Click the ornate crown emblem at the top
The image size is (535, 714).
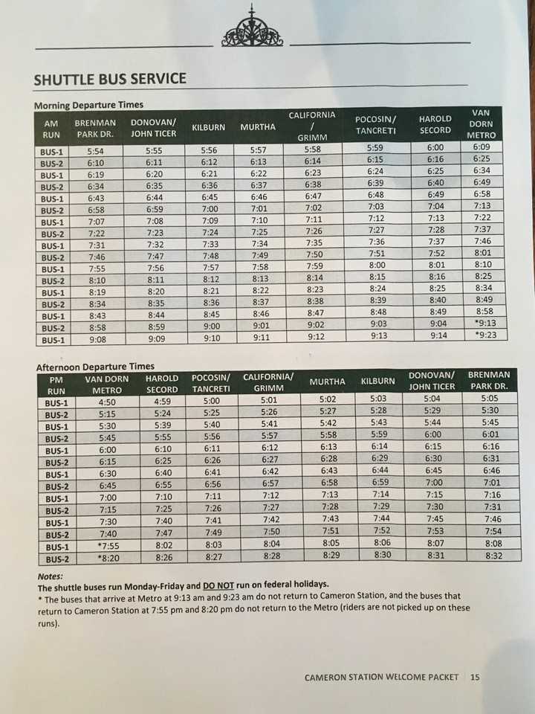[x=252, y=29]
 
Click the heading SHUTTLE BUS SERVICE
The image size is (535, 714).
[x=110, y=80]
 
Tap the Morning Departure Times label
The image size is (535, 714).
[x=88, y=105]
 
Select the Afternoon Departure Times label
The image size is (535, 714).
[x=94, y=367]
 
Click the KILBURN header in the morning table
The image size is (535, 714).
[x=208, y=127]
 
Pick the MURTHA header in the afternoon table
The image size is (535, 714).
[x=327, y=382]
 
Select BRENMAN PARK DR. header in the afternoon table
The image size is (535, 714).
[x=489, y=381]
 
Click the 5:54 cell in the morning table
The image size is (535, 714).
[x=95, y=151]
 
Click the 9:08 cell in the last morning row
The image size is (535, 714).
[x=95, y=340]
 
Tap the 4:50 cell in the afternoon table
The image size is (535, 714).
[x=106, y=402]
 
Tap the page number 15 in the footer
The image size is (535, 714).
[x=475, y=678]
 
